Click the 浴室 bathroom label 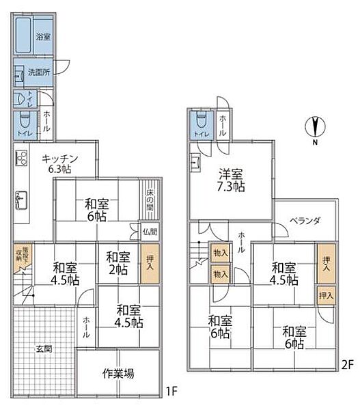point(42,36)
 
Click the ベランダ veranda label point(305,221)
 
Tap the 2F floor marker point(346,365)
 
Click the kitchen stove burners point(20,161)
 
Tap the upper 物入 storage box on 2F point(221,253)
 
